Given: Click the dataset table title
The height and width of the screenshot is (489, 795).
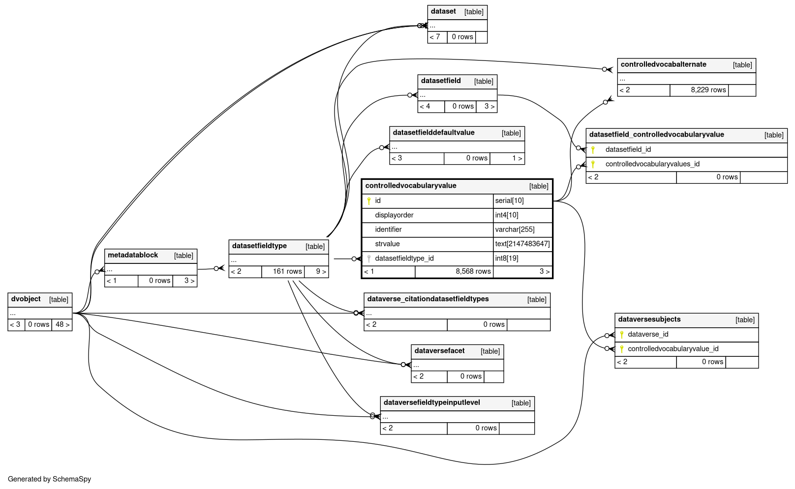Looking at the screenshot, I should pyautogui.click(x=443, y=12).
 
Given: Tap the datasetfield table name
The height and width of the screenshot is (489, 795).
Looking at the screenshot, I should pyautogui.click(x=441, y=81).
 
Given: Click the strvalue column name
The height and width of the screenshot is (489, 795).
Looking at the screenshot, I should pyautogui.click(x=387, y=244).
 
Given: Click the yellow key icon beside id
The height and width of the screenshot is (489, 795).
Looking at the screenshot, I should pyautogui.click(x=369, y=201).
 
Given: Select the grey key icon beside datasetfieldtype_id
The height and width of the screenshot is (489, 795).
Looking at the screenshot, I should pyautogui.click(x=369, y=259).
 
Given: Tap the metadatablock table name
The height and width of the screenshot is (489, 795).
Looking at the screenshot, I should pyautogui.click(x=133, y=256).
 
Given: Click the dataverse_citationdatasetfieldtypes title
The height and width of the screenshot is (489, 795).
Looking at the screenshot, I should pyautogui.click(x=428, y=299).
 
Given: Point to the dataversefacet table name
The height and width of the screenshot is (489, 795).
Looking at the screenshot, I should pyautogui.click(x=439, y=351).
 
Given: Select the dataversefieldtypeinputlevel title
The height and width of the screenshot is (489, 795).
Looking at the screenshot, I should pyautogui.click(x=431, y=403).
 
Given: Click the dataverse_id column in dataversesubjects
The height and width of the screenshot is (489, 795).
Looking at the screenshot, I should pyautogui.click(x=648, y=335).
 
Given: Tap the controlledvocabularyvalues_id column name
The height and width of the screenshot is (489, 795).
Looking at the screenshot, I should pyautogui.click(x=652, y=164).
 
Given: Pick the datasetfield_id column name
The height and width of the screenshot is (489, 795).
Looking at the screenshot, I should pyautogui.click(x=628, y=150).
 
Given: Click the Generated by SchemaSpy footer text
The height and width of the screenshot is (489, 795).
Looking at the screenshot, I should pyautogui.click(x=50, y=479).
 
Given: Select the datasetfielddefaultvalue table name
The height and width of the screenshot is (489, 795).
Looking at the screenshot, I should pyautogui.click(x=433, y=133).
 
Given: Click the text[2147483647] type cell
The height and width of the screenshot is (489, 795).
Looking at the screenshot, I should pyautogui.click(x=522, y=244).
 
